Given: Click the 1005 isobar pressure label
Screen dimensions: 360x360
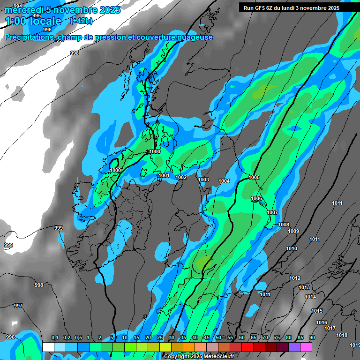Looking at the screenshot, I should pos(255,177).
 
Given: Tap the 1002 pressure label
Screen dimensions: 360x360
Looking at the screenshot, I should pos(181,177).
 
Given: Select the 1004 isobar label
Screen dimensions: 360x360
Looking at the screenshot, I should pos(224,181).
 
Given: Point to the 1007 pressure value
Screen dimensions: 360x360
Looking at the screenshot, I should pos(272,212).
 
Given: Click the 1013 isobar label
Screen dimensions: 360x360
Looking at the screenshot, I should pos(304,287).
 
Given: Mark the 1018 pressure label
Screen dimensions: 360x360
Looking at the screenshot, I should pos(342,335).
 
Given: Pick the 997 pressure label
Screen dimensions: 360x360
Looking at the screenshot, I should pos(18,306).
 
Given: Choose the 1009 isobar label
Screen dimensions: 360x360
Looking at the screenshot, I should pos(293,231).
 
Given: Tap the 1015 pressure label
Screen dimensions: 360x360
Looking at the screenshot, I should pos(317,311).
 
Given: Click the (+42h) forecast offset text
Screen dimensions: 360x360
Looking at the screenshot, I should pos(80,21).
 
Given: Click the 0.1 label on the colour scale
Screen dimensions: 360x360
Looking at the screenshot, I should pos(55,338).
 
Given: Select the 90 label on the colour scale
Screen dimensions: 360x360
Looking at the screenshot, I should pos(312,338).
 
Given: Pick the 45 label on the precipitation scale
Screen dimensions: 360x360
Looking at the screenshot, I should pos(207,338).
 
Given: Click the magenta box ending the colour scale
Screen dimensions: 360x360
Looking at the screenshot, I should pos(306,347).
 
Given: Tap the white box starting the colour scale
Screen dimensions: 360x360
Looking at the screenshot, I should pos(48,347).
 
